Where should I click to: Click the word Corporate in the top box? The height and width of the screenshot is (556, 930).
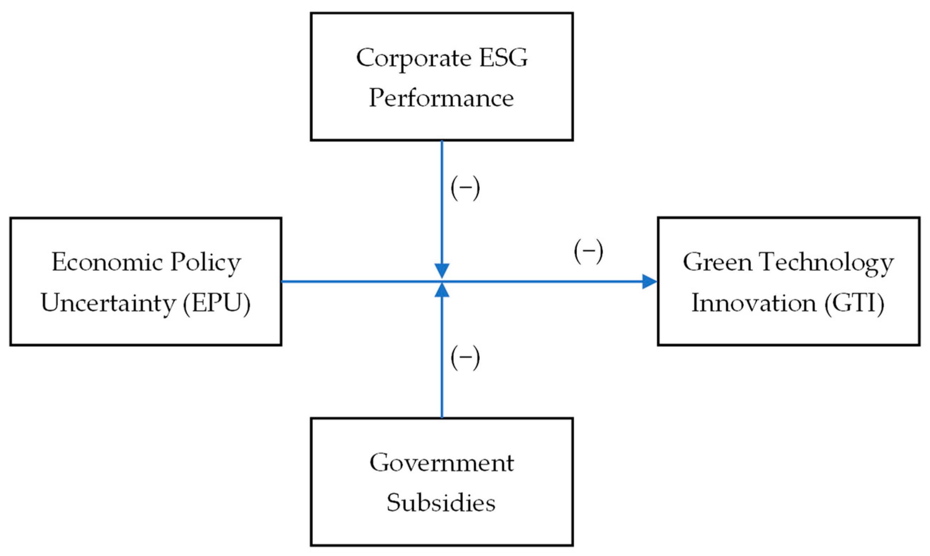[x=413, y=58]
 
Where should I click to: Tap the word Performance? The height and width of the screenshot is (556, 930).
[x=441, y=98]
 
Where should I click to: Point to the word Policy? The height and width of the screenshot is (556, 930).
[x=205, y=263]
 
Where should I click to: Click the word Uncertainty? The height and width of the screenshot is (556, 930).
[x=108, y=303]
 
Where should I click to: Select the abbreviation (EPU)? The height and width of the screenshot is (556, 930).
[x=216, y=303]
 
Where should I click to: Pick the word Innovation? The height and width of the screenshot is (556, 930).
[x=753, y=303]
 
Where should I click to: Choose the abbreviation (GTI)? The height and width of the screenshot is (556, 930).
[x=854, y=303]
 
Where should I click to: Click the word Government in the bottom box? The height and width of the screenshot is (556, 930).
[x=441, y=463]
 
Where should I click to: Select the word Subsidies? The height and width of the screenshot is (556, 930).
[x=441, y=503]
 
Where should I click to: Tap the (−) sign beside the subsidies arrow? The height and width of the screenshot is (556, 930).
[x=465, y=358]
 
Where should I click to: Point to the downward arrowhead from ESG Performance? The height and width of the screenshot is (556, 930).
[x=442, y=271]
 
